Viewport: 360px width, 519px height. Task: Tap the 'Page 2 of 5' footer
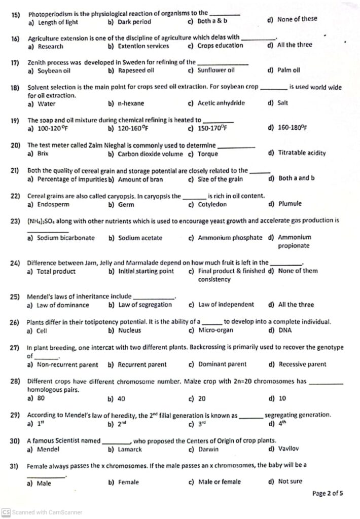(x=328, y=494)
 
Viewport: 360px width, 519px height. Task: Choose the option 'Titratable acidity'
(x=302, y=153)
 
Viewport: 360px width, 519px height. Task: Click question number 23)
(x=15, y=221)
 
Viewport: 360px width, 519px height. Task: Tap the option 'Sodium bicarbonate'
(x=66, y=237)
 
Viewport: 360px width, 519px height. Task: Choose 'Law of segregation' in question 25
(x=145, y=305)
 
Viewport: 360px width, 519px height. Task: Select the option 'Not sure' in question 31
(x=290, y=481)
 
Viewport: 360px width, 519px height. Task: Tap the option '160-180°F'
(x=293, y=128)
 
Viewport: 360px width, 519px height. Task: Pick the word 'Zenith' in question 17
(x=37, y=62)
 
